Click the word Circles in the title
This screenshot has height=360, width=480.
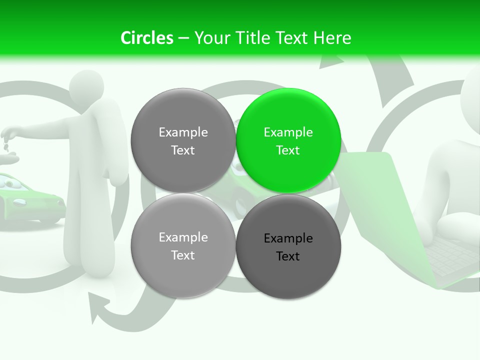coord(146,38)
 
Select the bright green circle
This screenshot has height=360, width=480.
coord(288,140)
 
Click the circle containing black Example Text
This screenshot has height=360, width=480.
coord(288,246)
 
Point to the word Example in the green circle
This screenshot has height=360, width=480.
coord(288,132)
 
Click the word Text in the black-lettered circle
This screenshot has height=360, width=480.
coord(287,256)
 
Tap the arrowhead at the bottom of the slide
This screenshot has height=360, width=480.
coord(97,306)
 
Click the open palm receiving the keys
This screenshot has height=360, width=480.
coord(9,159)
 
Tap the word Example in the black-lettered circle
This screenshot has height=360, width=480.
coord(288,238)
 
